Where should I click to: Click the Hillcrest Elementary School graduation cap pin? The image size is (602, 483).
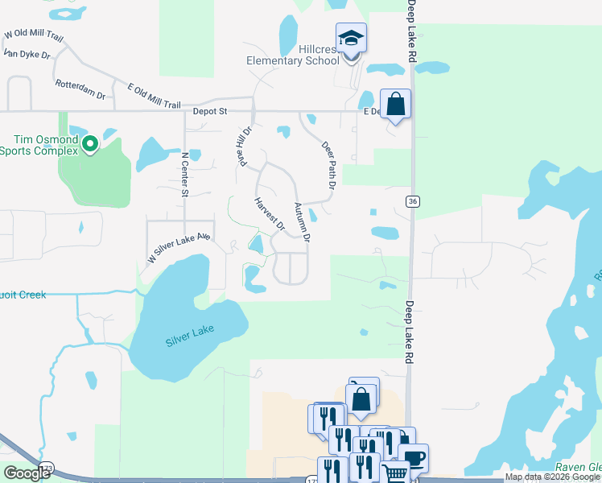(351, 38)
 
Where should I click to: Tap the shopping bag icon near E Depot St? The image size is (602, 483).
(395, 104)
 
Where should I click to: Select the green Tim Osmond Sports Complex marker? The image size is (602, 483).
(90, 144)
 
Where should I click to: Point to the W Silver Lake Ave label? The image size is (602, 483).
(178, 247)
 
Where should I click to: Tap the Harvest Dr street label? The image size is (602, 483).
(270, 214)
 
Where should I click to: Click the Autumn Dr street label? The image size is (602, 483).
(302, 222)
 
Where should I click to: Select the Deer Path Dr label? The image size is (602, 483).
(328, 166)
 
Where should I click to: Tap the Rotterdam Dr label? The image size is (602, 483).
(80, 89)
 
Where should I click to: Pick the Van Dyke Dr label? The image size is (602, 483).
(27, 54)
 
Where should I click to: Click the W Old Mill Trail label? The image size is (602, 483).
(33, 35)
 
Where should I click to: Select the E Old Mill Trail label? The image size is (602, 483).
(154, 94)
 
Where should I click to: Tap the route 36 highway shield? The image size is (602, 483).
(411, 202)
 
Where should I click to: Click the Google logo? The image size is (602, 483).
(27, 473)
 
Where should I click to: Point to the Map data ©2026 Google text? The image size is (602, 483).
(552, 477)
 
